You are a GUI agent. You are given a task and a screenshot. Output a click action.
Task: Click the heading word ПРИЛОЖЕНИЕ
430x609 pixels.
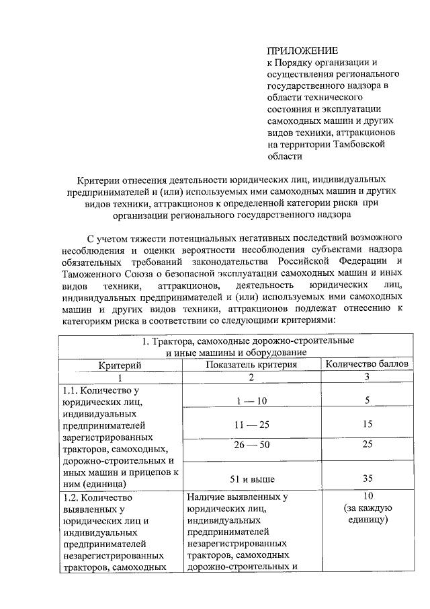[x=302, y=50]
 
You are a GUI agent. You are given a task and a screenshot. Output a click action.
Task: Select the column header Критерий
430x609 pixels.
[x=120, y=365]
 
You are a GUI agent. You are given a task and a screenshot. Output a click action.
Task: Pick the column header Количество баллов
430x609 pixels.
[x=368, y=365]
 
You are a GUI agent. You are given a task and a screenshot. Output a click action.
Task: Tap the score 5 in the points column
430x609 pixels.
[x=368, y=401]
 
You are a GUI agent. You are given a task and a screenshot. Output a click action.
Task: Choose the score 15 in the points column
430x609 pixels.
[x=368, y=425]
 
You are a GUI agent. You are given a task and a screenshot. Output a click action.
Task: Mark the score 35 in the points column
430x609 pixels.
[x=368, y=479]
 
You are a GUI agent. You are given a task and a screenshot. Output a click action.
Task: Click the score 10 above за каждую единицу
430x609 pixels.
[x=368, y=497]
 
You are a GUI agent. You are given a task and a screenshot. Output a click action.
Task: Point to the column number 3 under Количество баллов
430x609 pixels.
[x=368, y=377]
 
